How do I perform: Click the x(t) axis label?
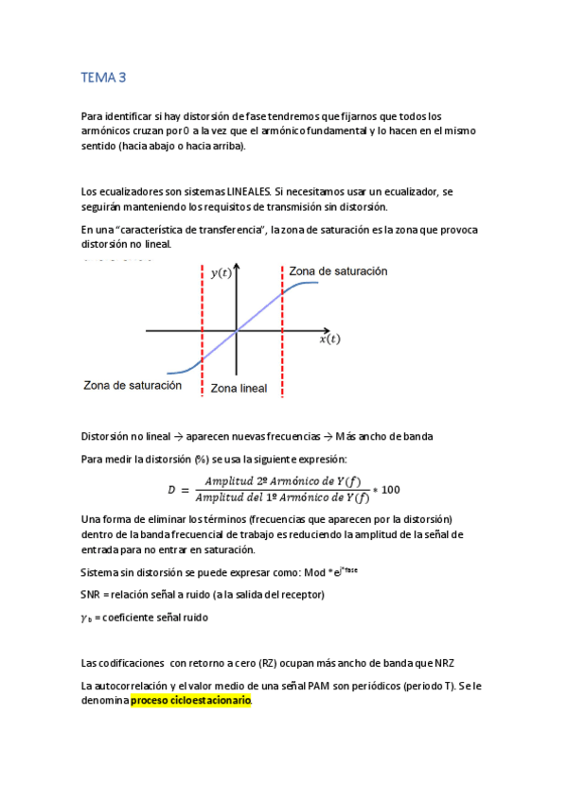tap(328, 339)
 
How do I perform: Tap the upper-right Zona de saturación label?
tap(338, 270)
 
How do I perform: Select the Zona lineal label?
tap(239, 388)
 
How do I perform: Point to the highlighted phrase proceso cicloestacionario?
tap(191, 701)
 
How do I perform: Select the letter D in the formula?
tap(171, 490)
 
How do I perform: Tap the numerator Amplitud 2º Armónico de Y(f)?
tap(281, 481)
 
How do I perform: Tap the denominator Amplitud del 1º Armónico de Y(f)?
tap(281, 497)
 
